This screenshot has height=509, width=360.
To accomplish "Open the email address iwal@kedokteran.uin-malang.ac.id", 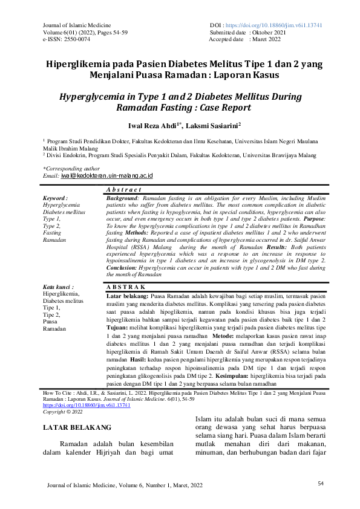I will pyautogui.click(x=106, y=175).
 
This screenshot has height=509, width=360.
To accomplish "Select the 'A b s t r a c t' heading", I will pyautogui.click(x=123, y=190).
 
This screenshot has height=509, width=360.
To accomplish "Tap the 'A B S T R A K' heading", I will pyautogui.click(x=126, y=286).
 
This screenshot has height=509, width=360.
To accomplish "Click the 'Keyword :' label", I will pyautogui.click(x=55, y=198).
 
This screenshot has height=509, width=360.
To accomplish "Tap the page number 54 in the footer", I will pyautogui.click(x=321, y=483).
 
